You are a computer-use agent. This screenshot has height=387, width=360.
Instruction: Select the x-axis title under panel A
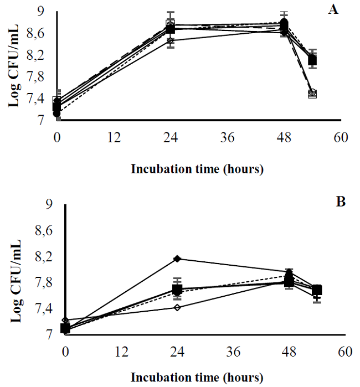click(197, 169)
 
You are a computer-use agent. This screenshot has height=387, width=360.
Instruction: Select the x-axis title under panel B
click(197, 379)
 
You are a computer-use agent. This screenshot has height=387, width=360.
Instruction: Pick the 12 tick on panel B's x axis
click(121, 350)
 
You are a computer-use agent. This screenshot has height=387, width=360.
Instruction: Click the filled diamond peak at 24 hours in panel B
click(177, 259)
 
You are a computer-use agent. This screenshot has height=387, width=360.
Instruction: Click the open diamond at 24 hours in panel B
click(177, 307)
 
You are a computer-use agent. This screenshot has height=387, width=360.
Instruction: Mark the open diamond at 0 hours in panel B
click(66, 321)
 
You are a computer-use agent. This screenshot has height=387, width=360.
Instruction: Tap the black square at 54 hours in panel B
click(317, 290)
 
